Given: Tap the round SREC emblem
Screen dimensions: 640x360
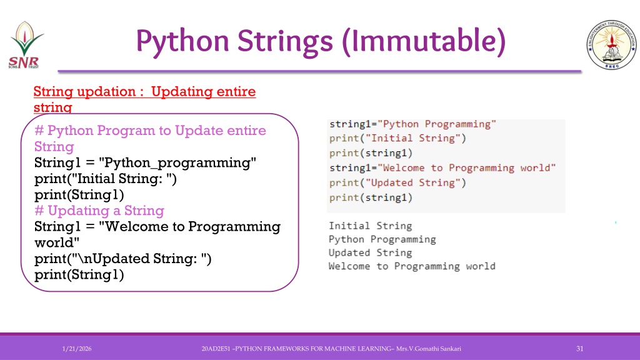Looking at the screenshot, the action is click(611, 44).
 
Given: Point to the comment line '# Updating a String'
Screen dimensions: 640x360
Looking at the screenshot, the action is click(99, 211).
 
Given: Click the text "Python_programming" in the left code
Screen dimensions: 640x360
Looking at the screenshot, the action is click(177, 163).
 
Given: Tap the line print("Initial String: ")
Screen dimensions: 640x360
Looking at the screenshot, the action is click(105, 179).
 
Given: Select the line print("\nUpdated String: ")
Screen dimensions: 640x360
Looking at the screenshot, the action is click(123, 259).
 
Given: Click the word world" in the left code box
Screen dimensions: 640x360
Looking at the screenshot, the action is click(57, 242).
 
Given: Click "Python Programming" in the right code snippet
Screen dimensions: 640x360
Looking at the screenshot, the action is click(437, 124).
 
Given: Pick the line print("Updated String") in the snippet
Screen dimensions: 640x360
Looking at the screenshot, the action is click(397, 183).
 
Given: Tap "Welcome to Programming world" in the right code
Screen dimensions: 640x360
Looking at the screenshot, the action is click(466, 167).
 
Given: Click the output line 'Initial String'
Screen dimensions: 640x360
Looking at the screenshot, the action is click(370, 226).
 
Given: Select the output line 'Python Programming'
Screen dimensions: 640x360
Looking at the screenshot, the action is click(382, 239).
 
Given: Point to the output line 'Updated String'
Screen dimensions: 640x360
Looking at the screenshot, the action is click(370, 252).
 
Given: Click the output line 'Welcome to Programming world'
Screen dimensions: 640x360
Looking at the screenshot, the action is click(412, 266).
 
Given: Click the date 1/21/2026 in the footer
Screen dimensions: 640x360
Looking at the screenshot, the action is click(77, 349).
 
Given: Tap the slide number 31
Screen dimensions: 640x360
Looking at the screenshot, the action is click(579, 349).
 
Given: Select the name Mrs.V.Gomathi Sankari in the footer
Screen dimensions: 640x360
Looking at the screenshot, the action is click(429, 349).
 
